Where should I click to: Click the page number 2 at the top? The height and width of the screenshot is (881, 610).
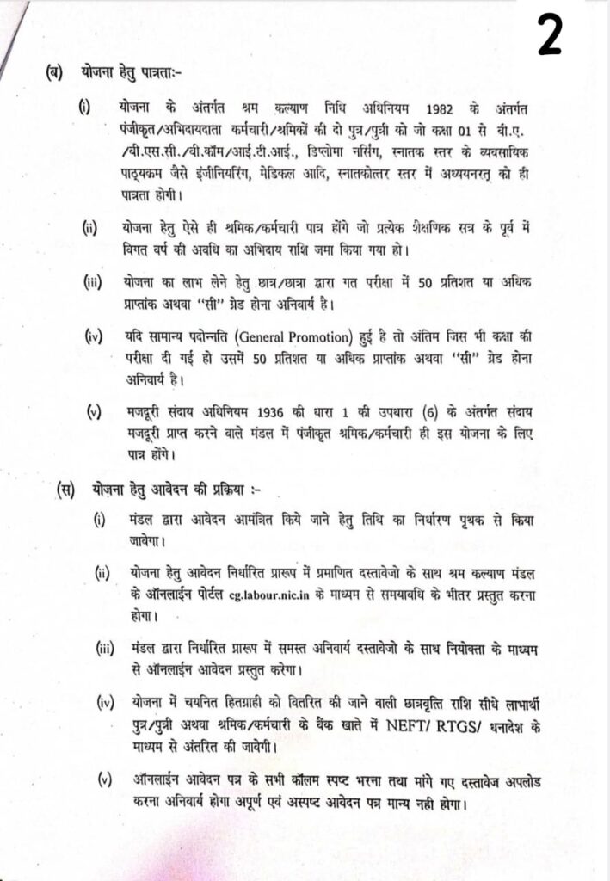[x=550, y=34]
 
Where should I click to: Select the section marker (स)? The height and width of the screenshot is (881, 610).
[x=65, y=490]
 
